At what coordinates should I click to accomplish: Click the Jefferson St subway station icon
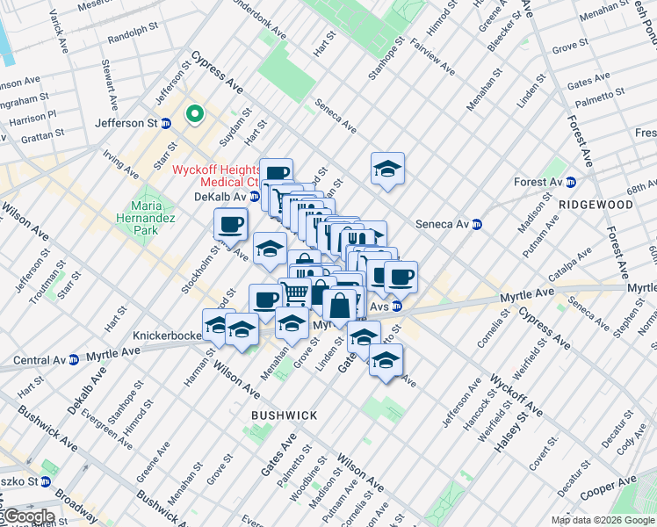(x=166, y=124)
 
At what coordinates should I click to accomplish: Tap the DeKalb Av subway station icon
(x=254, y=197)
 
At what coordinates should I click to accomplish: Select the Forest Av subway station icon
(x=570, y=183)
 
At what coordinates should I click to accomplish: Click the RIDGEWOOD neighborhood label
(x=595, y=204)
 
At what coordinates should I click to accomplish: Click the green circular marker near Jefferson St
(x=194, y=113)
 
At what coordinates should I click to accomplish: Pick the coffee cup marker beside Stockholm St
(x=231, y=225)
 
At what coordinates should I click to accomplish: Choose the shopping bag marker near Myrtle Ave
(x=339, y=306)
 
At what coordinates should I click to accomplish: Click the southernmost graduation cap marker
(x=386, y=360)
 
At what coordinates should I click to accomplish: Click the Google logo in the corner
(x=28, y=516)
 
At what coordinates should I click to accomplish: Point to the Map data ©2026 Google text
(x=603, y=520)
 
